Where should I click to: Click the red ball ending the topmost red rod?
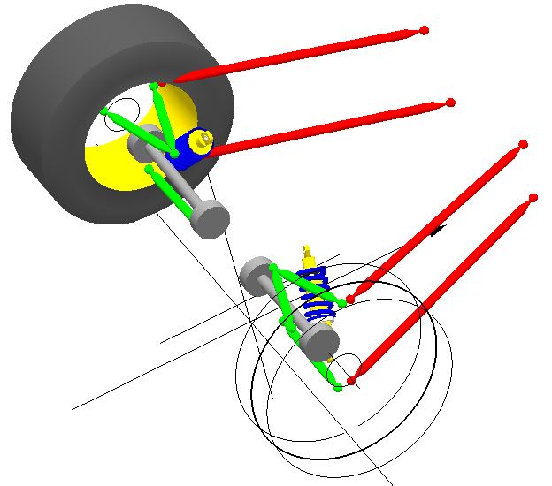(425, 30)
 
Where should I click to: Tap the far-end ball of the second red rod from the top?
(450, 103)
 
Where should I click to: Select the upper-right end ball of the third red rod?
(524, 144)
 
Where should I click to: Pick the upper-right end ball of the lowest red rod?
(533, 198)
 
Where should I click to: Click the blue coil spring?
(315, 296)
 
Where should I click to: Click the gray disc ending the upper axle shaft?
(210, 219)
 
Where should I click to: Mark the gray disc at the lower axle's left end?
(257, 271)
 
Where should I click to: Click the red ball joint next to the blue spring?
(350, 300)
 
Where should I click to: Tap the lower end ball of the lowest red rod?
(351, 381)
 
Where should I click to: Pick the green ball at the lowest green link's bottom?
(339, 387)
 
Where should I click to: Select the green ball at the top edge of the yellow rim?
(154, 86)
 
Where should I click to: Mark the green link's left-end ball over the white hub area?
(106, 112)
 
